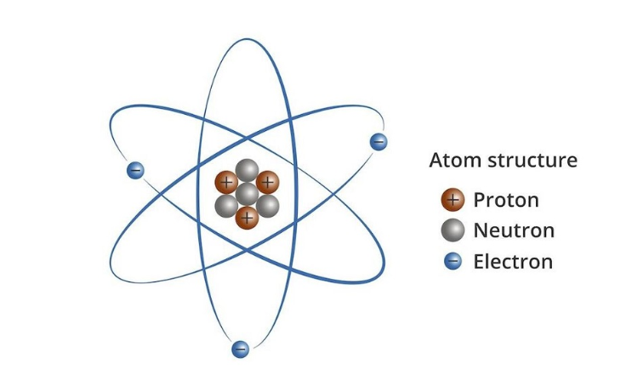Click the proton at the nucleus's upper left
[x=226, y=183]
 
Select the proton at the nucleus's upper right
[x=268, y=183]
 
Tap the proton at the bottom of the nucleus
[x=247, y=218]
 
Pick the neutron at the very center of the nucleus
[x=247, y=194]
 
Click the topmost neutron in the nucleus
[x=247, y=170]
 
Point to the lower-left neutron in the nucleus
[x=226, y=206]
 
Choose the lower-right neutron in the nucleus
[x=268, y=206]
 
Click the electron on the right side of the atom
[x=379, y=142]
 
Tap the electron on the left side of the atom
[x=135, y=170]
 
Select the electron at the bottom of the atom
[x=240, y=349]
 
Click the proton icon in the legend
[x=453, y=199]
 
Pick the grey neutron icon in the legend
[x=453, y=230]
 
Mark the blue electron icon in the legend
[x=453, y=261]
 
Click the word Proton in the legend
[x=506, y=200]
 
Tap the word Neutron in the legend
[x=515, y=230]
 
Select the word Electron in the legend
[x=513, y=261]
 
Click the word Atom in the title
[x=455, y=161]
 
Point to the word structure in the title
[x=532, y=161]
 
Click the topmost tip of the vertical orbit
[x=247, y=39]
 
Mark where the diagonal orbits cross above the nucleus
[x=247, y=139]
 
